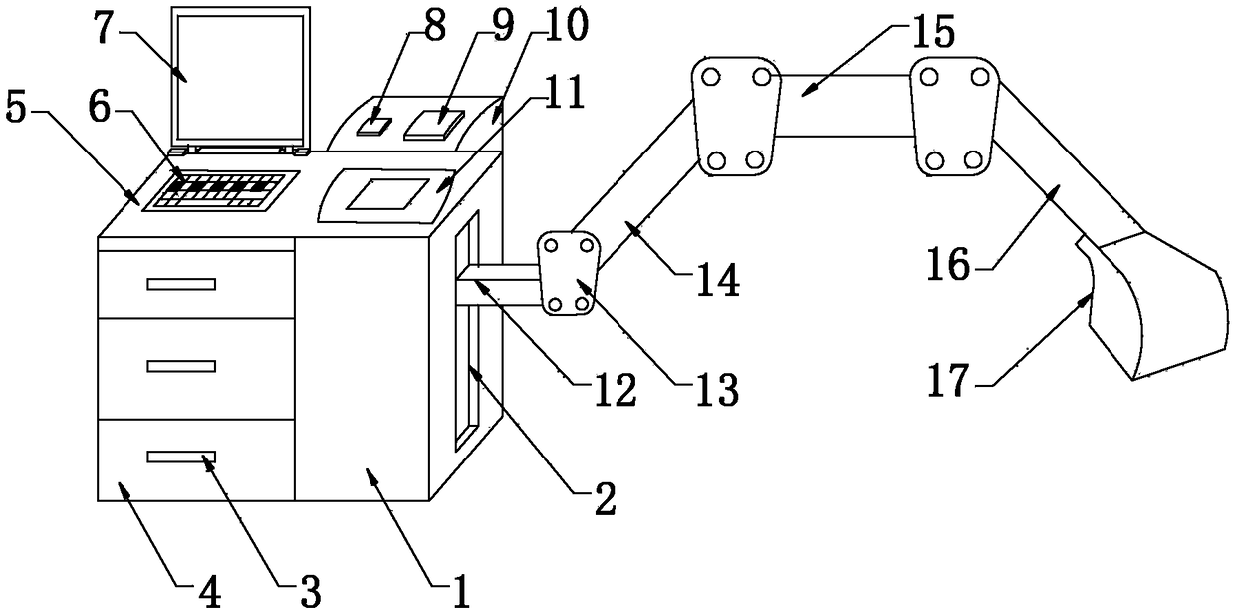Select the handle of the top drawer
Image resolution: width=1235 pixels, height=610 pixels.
click(181, 284)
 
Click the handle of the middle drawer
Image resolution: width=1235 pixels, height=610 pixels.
click(181, 366)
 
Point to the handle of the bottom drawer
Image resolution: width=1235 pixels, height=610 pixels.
click(181, 457)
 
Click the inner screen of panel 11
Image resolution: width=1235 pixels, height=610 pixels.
click(386, 194)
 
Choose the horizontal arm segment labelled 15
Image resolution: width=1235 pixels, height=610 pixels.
click(845, 106)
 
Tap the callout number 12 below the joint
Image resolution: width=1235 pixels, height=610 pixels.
click(616, 391)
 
